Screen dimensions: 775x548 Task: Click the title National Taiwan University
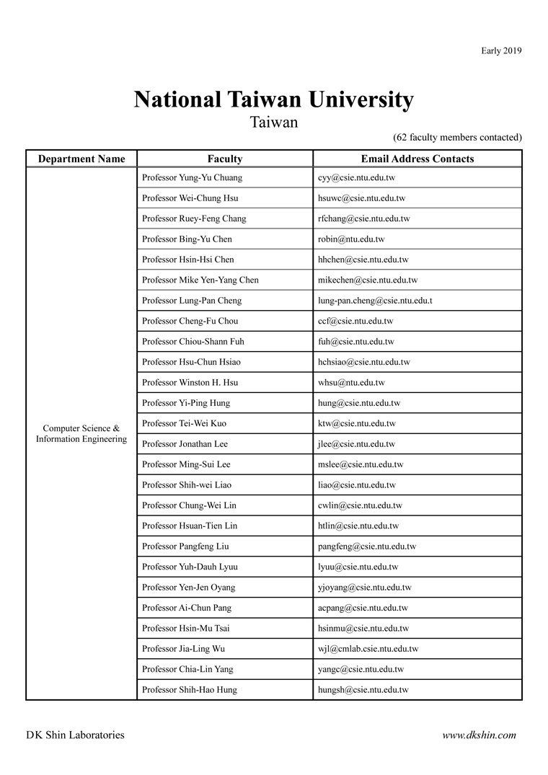[273, 100]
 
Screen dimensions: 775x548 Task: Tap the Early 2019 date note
[501, 50]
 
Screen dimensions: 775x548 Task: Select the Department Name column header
[81, 159]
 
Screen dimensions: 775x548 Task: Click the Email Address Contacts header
[417, 159]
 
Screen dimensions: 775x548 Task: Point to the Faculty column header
[224, 159]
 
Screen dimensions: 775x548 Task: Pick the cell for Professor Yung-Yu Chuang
[192, 177]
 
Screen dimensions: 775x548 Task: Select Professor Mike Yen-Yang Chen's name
[200, 280]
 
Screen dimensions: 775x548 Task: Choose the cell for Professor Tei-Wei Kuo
[184, 423]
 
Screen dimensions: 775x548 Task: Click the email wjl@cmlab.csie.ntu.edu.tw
[368, 649]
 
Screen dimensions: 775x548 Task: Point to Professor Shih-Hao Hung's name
[190, 690]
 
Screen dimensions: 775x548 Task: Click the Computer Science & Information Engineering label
[81, 433]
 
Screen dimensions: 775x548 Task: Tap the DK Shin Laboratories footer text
[75, 735]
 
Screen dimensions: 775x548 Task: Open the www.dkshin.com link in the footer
[479, 735]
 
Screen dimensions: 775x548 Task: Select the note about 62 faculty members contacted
[457, 137]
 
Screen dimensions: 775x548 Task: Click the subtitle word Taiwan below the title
[273, 123]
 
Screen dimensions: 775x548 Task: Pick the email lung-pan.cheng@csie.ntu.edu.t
[375, 301]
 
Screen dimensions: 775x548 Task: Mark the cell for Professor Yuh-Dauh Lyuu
[187, 567]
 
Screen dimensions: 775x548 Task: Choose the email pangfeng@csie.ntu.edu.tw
[367, 546]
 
